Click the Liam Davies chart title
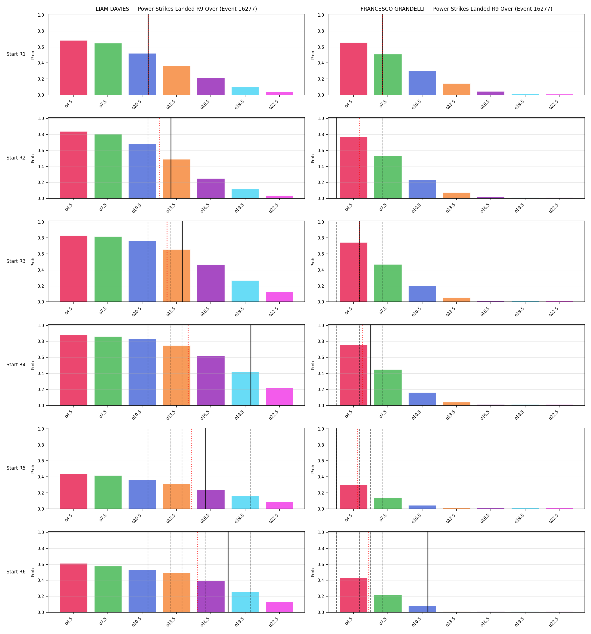coord(176,9)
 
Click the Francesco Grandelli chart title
coord(456,9)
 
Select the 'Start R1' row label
coord(16,54)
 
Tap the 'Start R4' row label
coord(16,365)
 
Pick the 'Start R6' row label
coord(16,571)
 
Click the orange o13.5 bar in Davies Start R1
coord(176,80)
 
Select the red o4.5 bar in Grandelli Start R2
coord(354,167)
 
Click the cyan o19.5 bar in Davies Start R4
coord(245,389)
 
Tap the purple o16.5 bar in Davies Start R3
coord(211,283)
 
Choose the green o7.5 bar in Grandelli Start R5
coord(388,503)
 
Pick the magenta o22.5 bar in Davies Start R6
coord(279,607)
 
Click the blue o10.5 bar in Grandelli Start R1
coord(422,83)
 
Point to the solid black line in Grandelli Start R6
coord(428,572)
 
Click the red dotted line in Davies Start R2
coord(159,158)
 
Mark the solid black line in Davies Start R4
coord(251,365)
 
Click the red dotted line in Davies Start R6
coord(198,572)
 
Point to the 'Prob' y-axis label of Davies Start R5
coord(33,469)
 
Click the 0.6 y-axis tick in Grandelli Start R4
coord(321,358)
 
